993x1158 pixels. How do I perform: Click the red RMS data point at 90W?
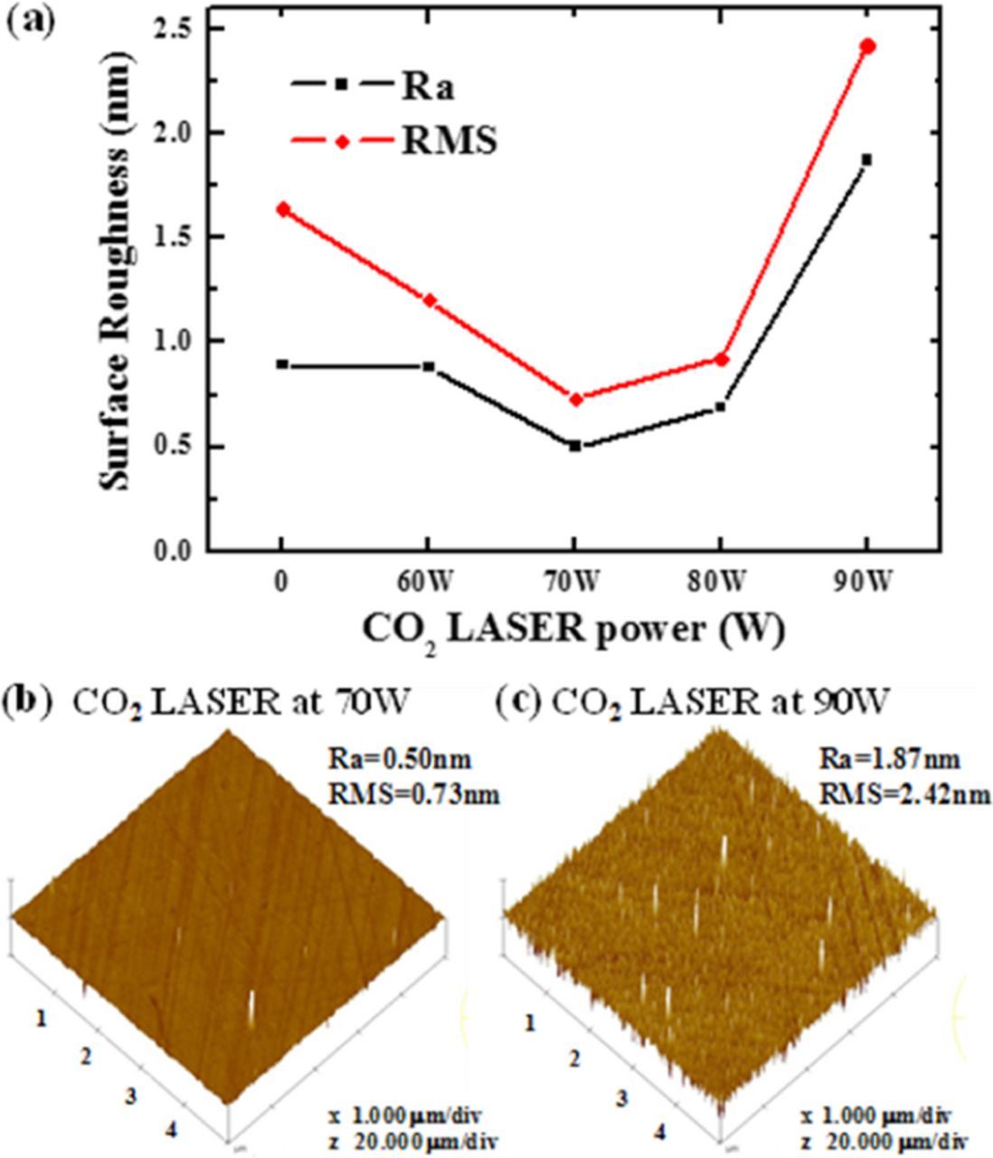pos(868,46)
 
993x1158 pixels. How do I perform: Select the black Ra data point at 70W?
pos(575,446)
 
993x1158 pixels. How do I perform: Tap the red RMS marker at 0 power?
pos(282,209)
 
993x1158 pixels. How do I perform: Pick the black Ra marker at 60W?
pos(429,366)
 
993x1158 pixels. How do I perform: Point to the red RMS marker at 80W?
pos(722,359)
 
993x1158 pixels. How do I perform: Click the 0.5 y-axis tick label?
pos(172,447)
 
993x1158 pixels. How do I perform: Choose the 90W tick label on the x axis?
pos(866,584)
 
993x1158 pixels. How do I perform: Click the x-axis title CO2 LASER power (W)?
pos(573,629)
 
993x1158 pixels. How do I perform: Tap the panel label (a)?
pos(31,18)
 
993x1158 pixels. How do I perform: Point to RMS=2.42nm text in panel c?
pos(904,795)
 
